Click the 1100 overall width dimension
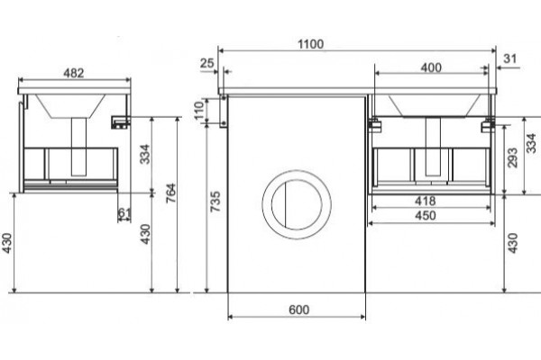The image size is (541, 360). click(x=311, y=44)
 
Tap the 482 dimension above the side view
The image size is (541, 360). click(x=74, y=73)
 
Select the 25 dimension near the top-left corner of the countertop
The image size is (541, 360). click(x=207, y=63)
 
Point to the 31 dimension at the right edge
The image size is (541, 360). click(x=510, y=58)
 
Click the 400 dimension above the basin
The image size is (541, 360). click(x=431, y=67)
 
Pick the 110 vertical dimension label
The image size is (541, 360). click(x=199, y=110)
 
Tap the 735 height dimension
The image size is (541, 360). click(x=215, y=202)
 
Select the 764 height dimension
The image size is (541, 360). click(x=171, y=193)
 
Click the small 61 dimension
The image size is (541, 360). click(x=124, y=213)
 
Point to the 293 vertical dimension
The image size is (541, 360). click(x=513, y=157)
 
